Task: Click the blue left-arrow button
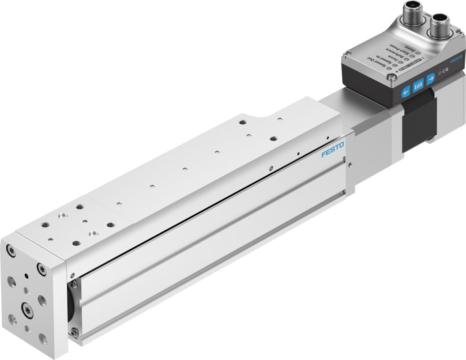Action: [x=405, y=91]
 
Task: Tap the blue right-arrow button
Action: [x=431, y=77]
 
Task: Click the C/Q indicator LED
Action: [x=440, y=73]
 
